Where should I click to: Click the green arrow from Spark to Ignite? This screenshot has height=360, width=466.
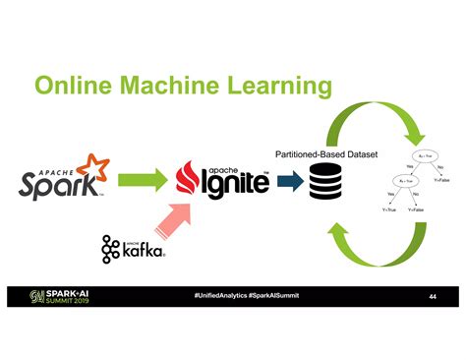tap(144, 180)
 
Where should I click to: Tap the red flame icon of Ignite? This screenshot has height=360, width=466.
tap(189, 178)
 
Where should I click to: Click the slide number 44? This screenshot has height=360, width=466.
tap(432, 297)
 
